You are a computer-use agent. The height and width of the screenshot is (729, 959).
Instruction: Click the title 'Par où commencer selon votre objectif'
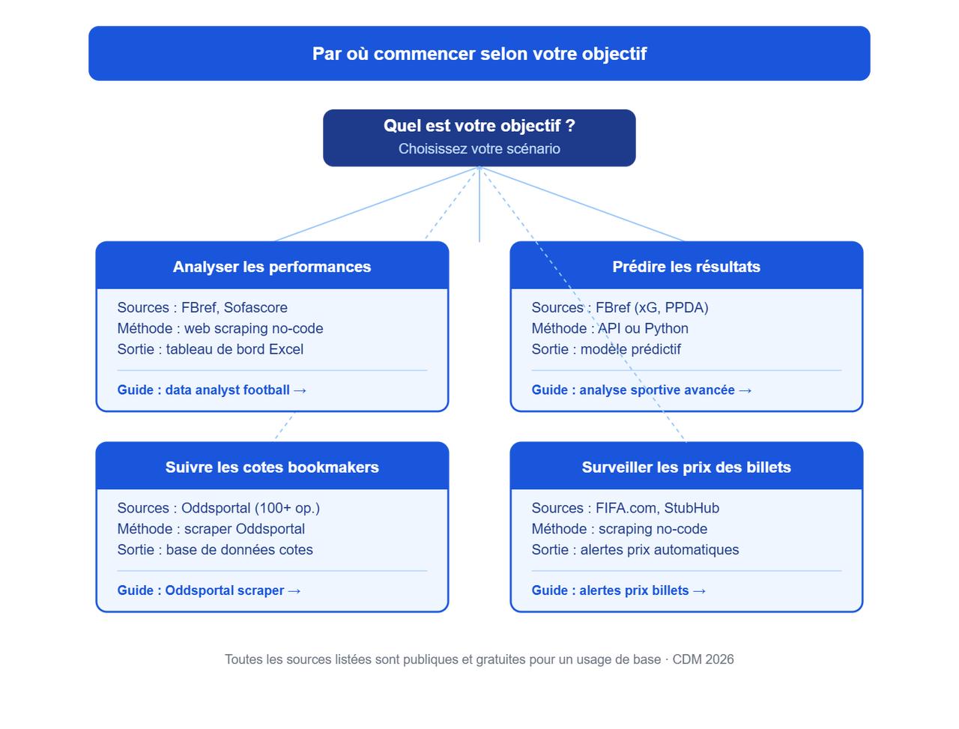479,54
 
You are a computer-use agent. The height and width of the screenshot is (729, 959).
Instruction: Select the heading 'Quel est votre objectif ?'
479,126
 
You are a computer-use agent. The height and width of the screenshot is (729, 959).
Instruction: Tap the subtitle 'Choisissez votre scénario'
479,149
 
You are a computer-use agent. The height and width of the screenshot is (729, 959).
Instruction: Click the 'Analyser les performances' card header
272,267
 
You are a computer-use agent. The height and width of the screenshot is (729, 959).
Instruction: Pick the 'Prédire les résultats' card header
686,267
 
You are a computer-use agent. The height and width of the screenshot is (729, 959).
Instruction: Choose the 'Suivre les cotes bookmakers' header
272,467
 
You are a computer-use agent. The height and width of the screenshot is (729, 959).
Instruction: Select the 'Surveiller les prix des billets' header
686,467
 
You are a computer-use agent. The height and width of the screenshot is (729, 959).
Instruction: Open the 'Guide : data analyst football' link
212,390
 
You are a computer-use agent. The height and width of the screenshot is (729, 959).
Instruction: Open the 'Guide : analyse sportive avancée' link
641,390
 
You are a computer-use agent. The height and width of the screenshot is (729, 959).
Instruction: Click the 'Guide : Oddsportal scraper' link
209,590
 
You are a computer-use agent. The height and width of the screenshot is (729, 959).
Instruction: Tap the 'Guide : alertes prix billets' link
619,590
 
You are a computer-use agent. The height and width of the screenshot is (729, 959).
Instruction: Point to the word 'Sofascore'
255,307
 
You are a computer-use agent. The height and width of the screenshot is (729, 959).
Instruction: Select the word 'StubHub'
692,508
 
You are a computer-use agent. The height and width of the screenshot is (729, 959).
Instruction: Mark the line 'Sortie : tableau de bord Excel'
210,349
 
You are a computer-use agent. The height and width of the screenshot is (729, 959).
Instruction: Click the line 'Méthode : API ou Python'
610,328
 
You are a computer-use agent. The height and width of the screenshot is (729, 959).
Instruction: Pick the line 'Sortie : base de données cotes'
215,549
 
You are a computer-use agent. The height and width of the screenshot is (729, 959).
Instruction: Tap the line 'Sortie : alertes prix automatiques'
635,549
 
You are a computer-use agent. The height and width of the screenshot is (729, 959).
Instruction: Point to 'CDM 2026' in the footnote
703,659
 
